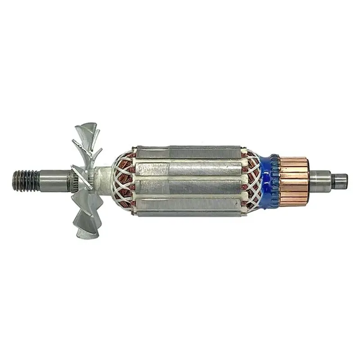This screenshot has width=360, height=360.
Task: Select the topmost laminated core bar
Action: click(189, 152)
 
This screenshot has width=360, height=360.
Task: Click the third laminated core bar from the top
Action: click(189, 185)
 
